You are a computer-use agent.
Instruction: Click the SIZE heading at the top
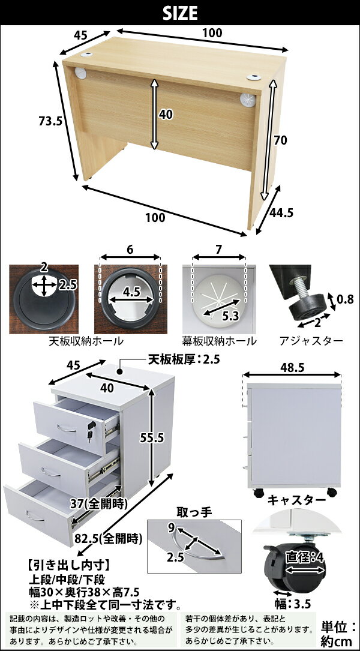click(180, 13)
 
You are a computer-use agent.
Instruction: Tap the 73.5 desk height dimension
click(48, 121)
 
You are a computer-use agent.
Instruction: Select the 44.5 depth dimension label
click(281, 213)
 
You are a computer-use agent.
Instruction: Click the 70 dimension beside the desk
click(280, 141)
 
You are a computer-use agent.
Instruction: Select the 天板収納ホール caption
click(86, 341)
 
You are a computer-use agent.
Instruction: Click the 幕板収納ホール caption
click(219, 341)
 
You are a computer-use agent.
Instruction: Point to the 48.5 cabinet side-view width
click(292, 367)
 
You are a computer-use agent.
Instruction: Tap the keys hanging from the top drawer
click(91, 431)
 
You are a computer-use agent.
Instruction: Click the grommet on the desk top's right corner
click(253, 77)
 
